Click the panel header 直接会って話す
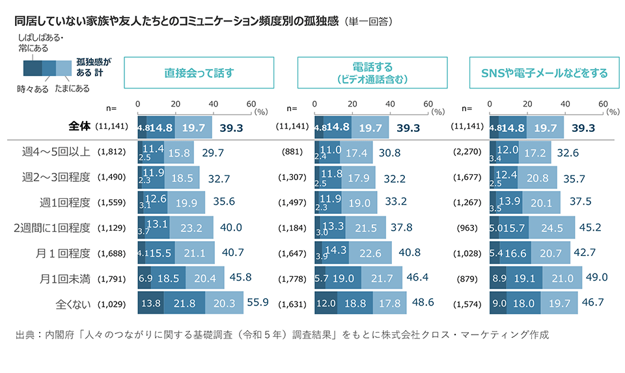(x=199, y=73)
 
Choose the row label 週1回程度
(x=64, y=202)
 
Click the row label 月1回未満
(x=64, y=278)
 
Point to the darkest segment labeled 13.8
(x=150, y=303)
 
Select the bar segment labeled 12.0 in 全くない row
(x=326, y=303)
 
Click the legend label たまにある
(x=72, y=88)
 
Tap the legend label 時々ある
(x=33, y=88)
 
